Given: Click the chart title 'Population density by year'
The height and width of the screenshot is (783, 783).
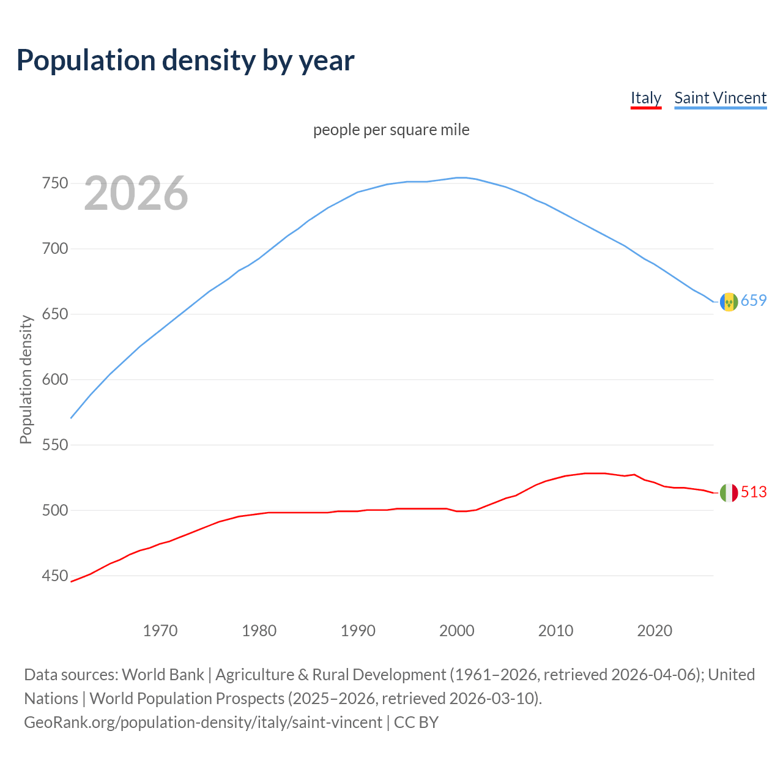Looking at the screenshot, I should (x=185, y=60).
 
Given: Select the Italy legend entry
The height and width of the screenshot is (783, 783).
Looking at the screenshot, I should (x=646, y=98).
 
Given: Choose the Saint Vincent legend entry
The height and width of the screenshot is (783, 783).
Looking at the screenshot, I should (x=720, y=98).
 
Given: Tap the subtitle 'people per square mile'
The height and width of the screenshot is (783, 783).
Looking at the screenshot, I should (x=391, y=130).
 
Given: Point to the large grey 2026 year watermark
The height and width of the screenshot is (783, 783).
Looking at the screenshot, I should (x=136, y=193).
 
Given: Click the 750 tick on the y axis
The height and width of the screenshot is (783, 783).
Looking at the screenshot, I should (x=54, y=184).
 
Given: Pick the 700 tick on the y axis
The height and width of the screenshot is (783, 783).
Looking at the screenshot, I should (x=54, y=249).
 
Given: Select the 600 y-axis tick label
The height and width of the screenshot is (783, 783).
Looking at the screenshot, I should (x=54, y=380).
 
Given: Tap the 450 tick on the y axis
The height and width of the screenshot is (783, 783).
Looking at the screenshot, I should (x=54, y=576).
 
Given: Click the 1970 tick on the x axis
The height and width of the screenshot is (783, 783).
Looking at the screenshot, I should (x=160, y=631).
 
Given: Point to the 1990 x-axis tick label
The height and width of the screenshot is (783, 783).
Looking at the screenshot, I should (x=358, y=631).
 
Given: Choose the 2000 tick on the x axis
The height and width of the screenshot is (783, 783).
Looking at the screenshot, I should (x=457, y=631).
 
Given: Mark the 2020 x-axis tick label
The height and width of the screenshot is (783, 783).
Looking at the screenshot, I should (x=655, y=631).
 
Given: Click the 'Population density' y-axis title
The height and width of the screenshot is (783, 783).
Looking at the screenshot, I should (x=26, y=379).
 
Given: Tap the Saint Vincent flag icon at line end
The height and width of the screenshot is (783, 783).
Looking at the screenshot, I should (x=729, y=302).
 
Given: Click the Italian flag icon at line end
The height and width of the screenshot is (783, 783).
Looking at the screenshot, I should (x=729, y=492).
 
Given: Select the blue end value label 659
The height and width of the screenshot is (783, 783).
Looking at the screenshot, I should (x=754, y=300).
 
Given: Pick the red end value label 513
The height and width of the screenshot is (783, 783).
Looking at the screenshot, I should (x=754, y=492).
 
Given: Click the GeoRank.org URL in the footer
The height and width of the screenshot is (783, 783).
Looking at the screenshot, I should (x=203, y=722).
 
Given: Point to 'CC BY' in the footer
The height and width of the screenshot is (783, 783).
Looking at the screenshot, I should (x=417, y=722).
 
